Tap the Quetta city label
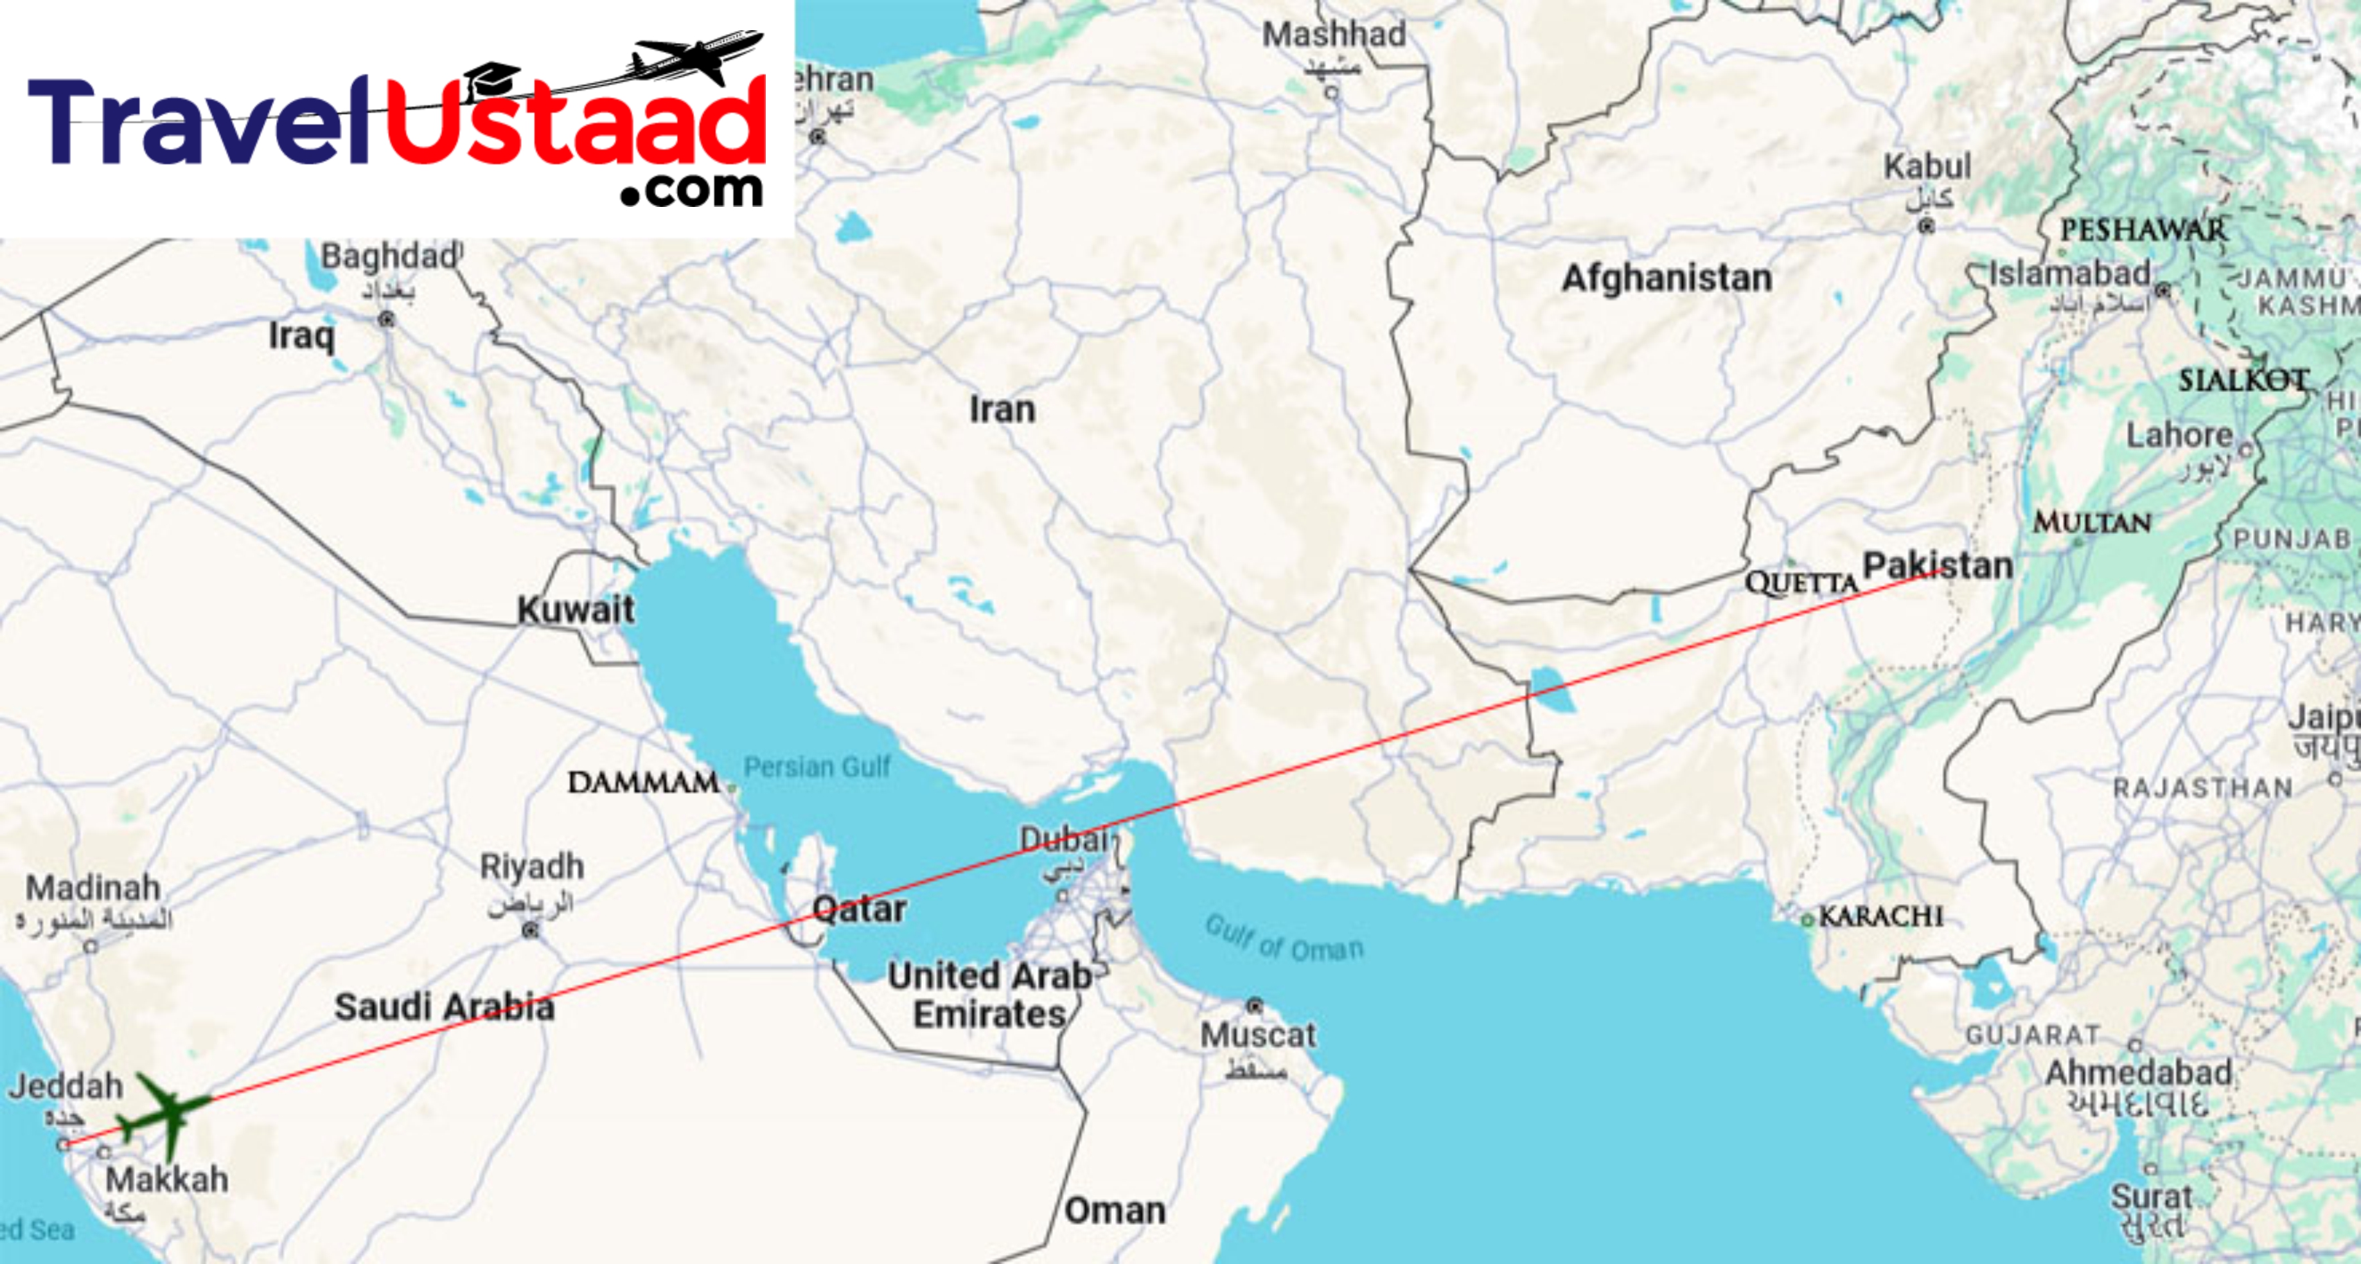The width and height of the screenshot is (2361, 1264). pos(1800,583)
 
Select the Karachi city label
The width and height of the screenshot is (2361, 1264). pos(1880,916)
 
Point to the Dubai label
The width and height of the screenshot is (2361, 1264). pos(1064,839)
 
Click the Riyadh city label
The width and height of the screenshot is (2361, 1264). pos(531,866)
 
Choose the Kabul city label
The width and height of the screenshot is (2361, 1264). pos(1927,167)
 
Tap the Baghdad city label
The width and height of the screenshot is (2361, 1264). pos(389,256)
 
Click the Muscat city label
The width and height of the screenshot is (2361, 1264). pos(1257,1035)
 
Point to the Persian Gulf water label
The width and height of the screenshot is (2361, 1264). pos(817,766)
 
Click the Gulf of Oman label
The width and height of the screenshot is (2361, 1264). pos(1283,938)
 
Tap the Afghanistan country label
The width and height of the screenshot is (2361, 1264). pos(1667,278)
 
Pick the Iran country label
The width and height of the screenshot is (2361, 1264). pos(1003,409)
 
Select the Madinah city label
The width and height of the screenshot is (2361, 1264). pos(93,887)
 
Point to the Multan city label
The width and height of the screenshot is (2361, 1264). pos(2092,522)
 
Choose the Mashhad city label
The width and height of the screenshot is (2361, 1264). pos(1334,35)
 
